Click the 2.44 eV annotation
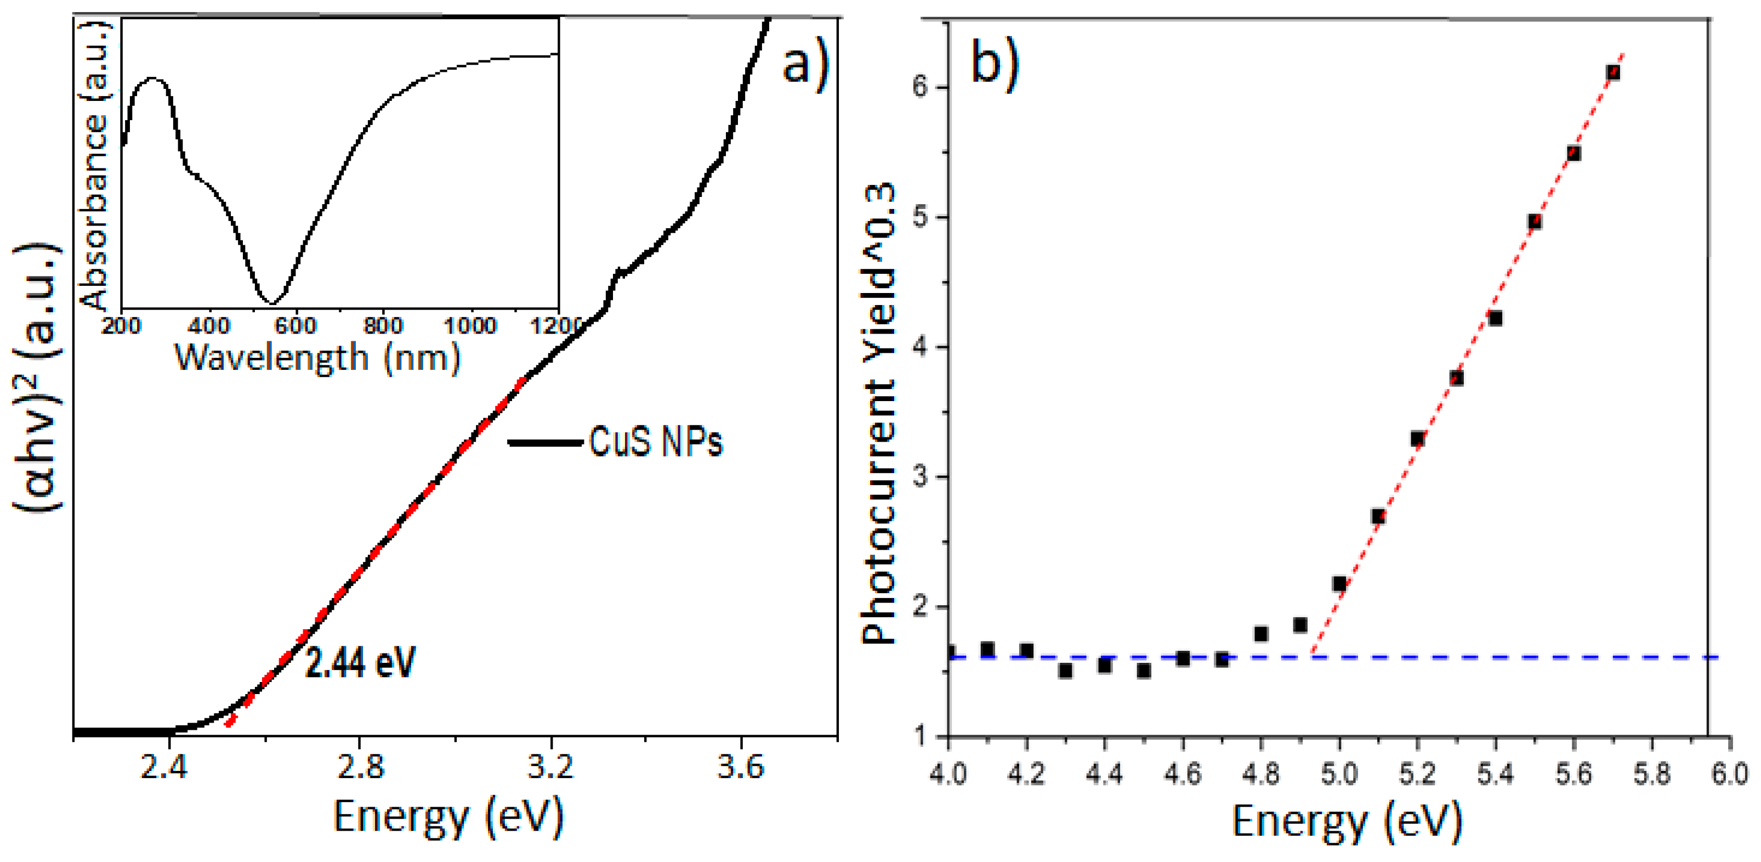click(x=360, y=662)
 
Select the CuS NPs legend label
click(x=655, y=441)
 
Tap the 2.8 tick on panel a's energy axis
click(x=360, y=768)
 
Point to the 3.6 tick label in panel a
click(x=740, y=768)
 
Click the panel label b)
click(x=995, y=61)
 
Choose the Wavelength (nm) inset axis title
click(x=318, y=357)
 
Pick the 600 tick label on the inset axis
click(x=296, y=325)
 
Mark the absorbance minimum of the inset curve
click(x=271, y=302)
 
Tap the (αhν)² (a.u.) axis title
click(x=38, y=376)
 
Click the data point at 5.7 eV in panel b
click(x=1612, y=72)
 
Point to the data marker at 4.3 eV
click(x=1065, y=671)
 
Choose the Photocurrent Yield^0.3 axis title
click(x=878, y=414)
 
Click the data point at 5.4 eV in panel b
click(x=1495, y=318)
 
